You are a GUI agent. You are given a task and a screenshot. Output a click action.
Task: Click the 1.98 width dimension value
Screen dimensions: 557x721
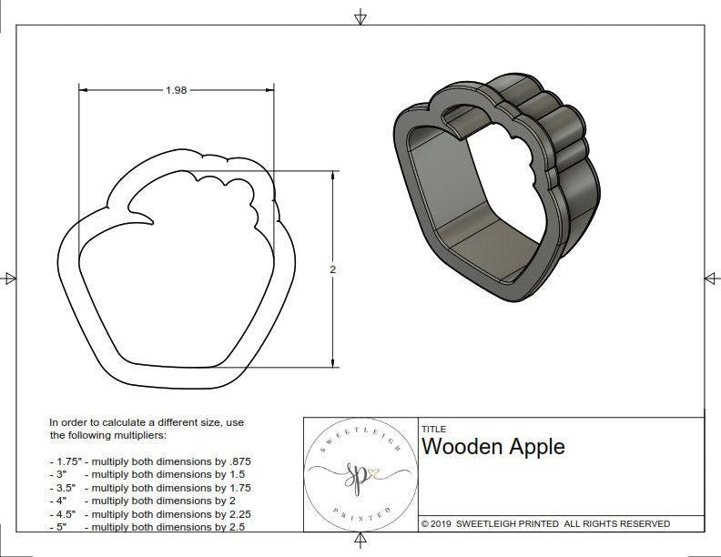tap(177, 90)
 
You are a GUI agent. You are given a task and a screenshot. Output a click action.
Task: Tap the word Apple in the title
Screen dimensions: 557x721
tap(536, 447)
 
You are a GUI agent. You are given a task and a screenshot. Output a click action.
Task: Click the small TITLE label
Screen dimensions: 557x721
tap(432, 430)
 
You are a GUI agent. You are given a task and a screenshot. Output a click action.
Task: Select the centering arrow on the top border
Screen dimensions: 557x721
tap(361, 16)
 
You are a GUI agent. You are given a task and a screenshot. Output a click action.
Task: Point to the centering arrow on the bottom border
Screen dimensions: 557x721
tap(361, 543)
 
